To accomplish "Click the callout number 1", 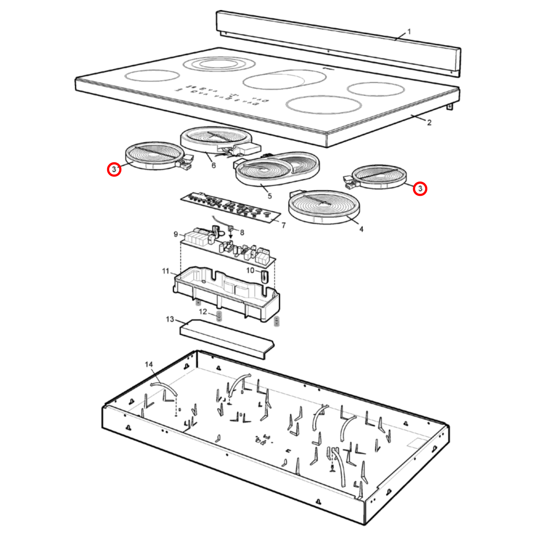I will [x=409, y=32].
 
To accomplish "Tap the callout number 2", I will [x=429, y=123].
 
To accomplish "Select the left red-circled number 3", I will [x=114, y=169].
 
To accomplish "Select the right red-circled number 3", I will [x=420, y=188].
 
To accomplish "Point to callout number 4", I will [x=361, y=229].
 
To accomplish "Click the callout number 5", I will [x=270, y=196].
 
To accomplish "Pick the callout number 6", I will [x=214, y=165].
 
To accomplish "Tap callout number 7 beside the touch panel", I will [x=284, y=225].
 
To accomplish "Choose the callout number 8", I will [x=242, y=233].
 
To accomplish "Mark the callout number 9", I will [x=176, y=234].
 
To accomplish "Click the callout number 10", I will [x=250, y=270].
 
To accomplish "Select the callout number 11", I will [x=165, y=271].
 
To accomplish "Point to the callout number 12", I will [x=203, y=312].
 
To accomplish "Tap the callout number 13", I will [x=170, y=319].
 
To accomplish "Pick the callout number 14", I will [x=149, y=364].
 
